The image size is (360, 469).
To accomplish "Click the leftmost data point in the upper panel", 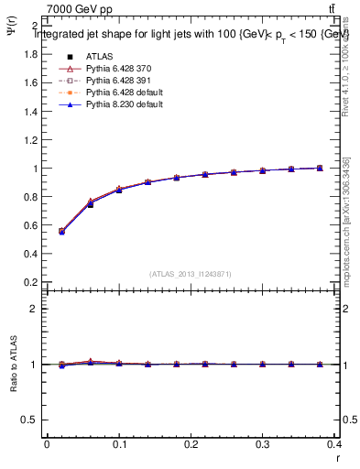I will (x=61, y=232).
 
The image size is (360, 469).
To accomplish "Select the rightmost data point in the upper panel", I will (x=319, y=169).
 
